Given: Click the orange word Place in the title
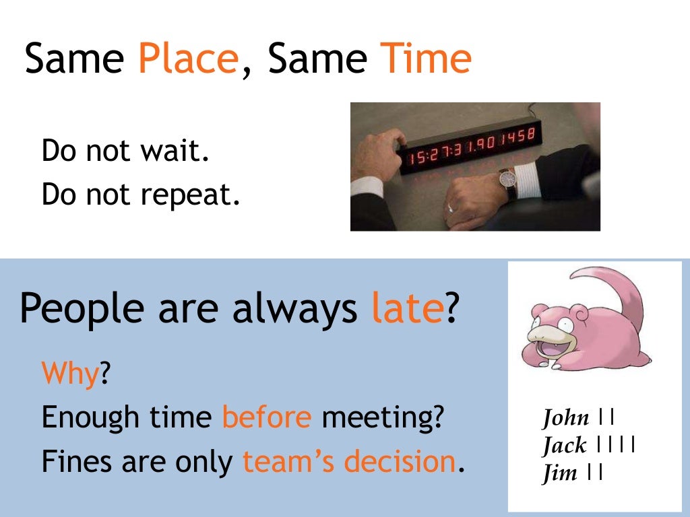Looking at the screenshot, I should click(x=188, y=59).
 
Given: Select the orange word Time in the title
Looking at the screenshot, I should click(x=426, y=59).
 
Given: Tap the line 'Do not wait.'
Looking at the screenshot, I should click(x=125, y=151).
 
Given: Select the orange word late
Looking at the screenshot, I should click(x=407, y=308).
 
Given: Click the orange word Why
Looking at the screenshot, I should click(x=70, y=373).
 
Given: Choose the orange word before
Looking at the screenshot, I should click(x=267, y=417).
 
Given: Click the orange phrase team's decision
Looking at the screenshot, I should click(x=349, y=462).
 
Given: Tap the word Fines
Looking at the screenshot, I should click(x=75, y=462).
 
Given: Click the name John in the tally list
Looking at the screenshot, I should click(x=565, y=418).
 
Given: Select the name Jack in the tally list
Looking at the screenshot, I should click(x=564, y=446).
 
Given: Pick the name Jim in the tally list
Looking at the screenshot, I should click(x=560, y=473).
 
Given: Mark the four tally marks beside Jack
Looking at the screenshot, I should click(x=617, y=446).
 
